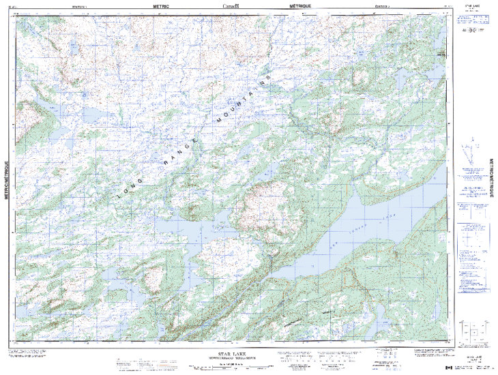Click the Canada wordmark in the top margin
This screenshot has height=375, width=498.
point(232,5)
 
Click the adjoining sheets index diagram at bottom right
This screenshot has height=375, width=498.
point(471,334)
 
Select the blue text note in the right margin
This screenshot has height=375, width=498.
point(471,191)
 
